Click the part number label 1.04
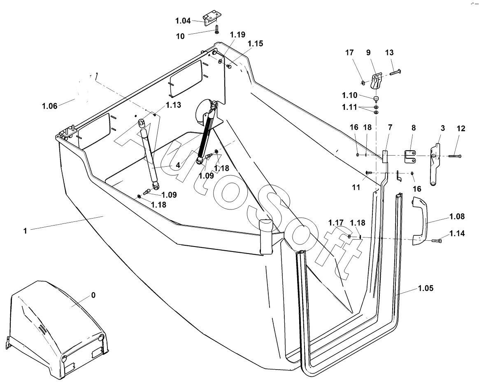(183, 21)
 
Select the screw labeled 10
(216, 30)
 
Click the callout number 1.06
(49, 106)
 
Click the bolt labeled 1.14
(437, 241)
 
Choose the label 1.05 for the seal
(426, 288)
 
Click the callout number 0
(93, 295)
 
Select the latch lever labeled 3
(436, 164)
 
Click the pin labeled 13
(395, 73)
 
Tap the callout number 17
(349, 53)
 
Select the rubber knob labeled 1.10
(375, 98)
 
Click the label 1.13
(173, 105)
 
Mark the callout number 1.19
(238, 35)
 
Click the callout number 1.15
(256, 43)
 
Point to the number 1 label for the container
(25, 230)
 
